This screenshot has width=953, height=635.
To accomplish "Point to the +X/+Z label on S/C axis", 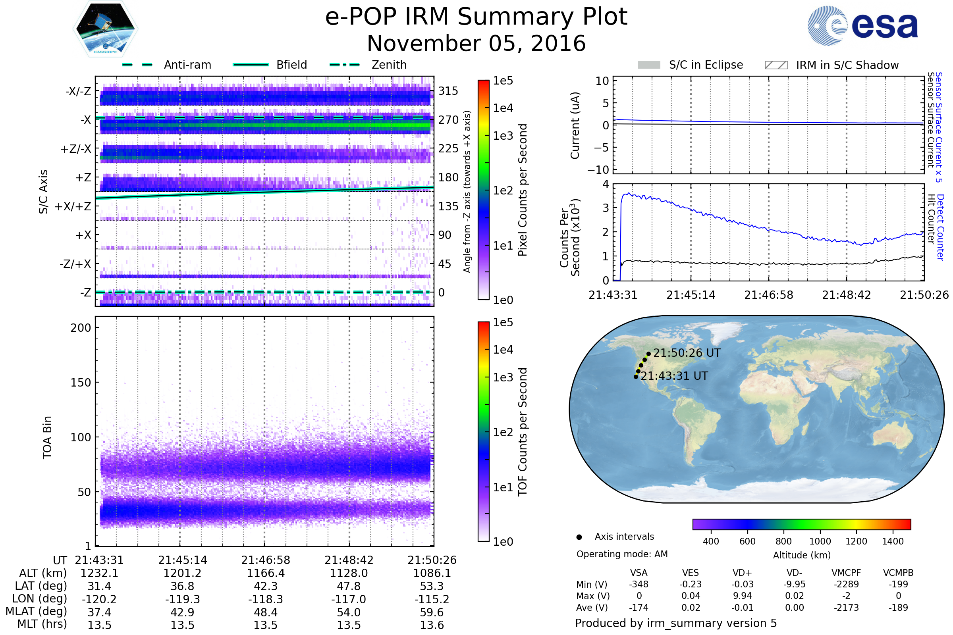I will click(x=73, y=206).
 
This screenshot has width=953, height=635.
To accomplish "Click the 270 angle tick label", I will click(x=448, y=120).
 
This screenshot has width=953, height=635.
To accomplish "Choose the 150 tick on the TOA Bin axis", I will click(x=81, y=383).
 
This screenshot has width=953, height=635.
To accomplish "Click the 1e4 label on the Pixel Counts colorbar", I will click(x=503, y=108).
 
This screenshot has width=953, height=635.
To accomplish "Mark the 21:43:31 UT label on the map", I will click(x=674, y=376).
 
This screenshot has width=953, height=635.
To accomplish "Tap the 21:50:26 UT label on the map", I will click(x=687, y=353).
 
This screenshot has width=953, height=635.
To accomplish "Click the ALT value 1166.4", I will click(x=266, y=573).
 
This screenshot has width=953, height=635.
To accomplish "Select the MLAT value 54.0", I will click(x=349, y=612).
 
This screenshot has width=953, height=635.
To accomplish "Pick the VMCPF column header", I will click(x=846, y=573).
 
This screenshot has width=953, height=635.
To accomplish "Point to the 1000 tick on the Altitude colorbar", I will click(x=820, y=541).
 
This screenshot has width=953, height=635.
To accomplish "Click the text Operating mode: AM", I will click(x=622, y=554).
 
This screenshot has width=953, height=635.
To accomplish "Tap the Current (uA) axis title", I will click(x=575, y=125).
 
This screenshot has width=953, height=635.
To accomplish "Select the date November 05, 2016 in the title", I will click(x=476, y=43).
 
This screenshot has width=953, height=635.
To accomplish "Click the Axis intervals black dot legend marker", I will click(x=579, y=537).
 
